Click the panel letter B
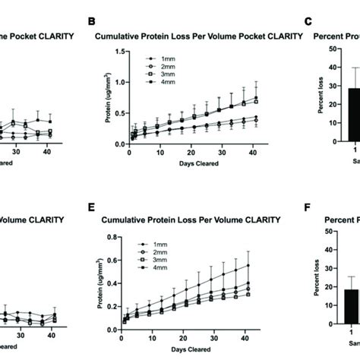(91, 24)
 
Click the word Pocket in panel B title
(231, 35)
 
